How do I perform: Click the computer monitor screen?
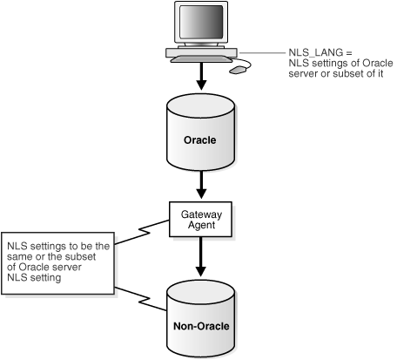tap(199, 24)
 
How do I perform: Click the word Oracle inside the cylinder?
tap(202, 139)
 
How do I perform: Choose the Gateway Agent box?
tap(202, 217)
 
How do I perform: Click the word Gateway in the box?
tap(202, 212)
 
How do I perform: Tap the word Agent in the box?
tap(202, 223)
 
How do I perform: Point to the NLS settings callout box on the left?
tap(57, 261)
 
